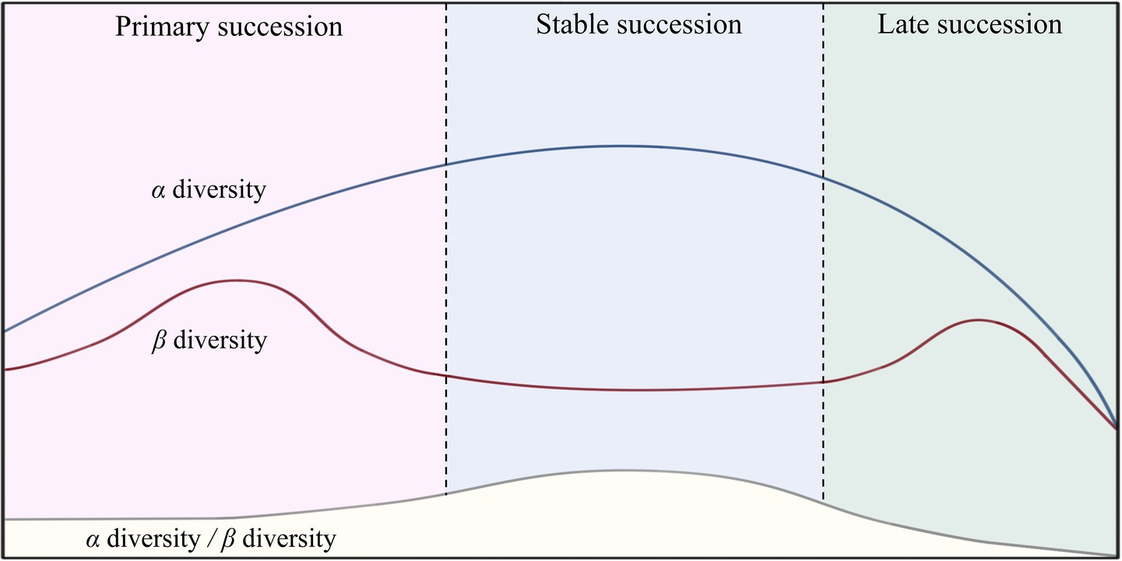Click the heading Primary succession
(229, 26)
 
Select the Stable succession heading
(638, 24)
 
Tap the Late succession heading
(969, 24)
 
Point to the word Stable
(572, 24)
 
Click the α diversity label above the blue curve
(208, 190)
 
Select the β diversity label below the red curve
(208, 340)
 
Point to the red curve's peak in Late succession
(976, 319)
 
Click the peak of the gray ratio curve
(623, 470)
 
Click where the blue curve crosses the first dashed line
(446, 164)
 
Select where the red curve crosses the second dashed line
(823, 382)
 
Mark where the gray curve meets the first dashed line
(446, 495)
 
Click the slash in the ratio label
(213, 539)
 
